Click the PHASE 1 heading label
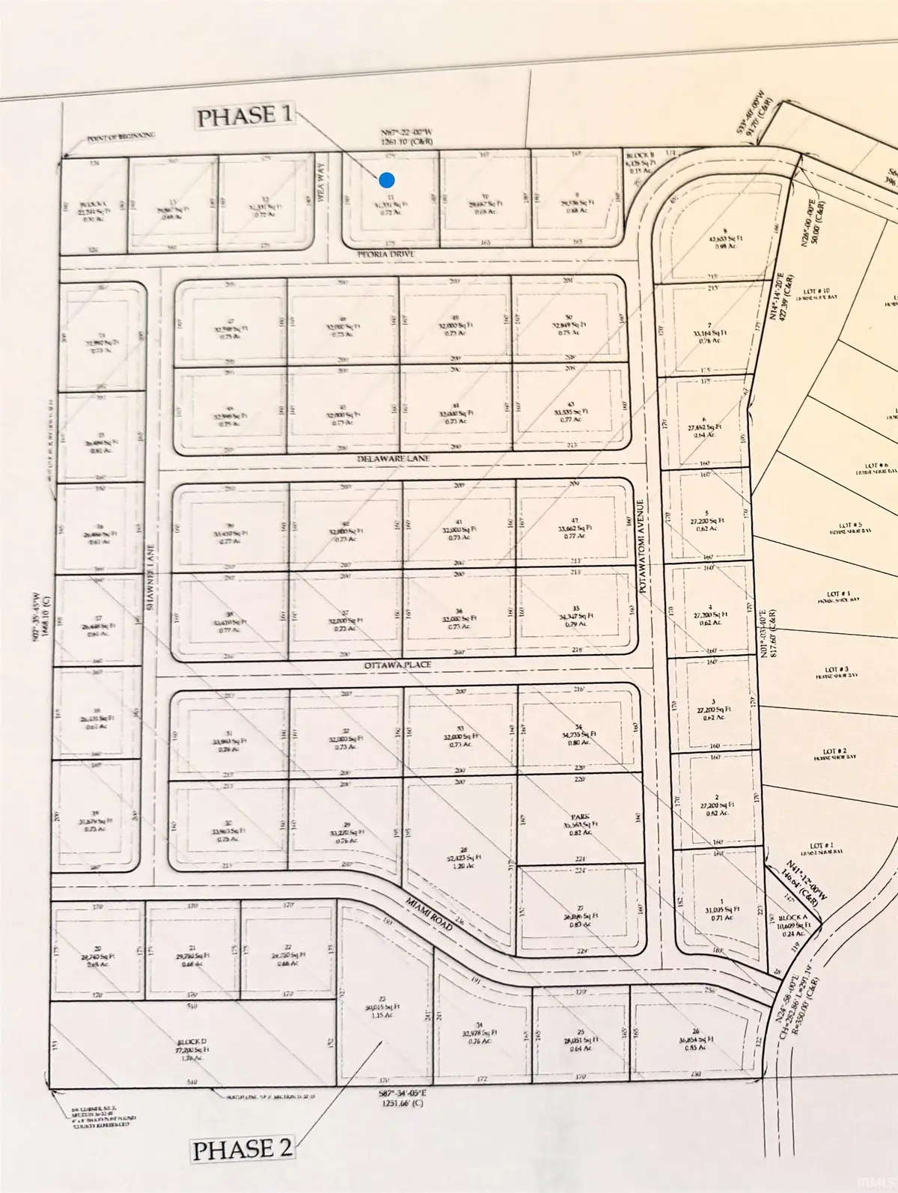(x=244, y=116)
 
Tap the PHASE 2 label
(x=243, y=1149)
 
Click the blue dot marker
(x=387, y=180)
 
